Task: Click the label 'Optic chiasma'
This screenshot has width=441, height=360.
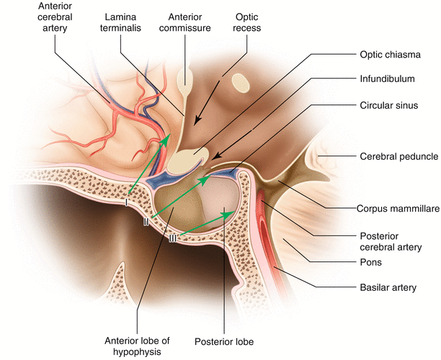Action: (x=389, y=53)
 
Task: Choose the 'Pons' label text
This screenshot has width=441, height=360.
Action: (x=370, y=264)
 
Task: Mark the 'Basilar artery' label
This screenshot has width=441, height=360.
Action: (x=388, y=288)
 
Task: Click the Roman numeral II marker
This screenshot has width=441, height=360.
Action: (x=146, y=222)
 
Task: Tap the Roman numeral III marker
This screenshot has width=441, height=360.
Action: (x=173, y=238)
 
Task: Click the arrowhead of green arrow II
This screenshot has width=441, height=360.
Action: (x=208, y=178)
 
